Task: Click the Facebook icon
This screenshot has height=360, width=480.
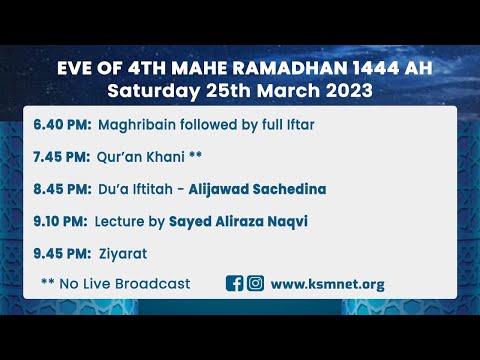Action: pos(235,283)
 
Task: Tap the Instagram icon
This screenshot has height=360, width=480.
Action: pos(255,283)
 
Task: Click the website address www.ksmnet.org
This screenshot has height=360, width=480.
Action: pos(327,283)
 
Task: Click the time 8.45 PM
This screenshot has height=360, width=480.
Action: pos(62,188)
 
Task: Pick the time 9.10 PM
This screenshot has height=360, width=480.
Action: pos(61,220)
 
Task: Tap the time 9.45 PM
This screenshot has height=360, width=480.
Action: pos(62,252)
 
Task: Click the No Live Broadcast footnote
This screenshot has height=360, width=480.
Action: pos(115,283)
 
